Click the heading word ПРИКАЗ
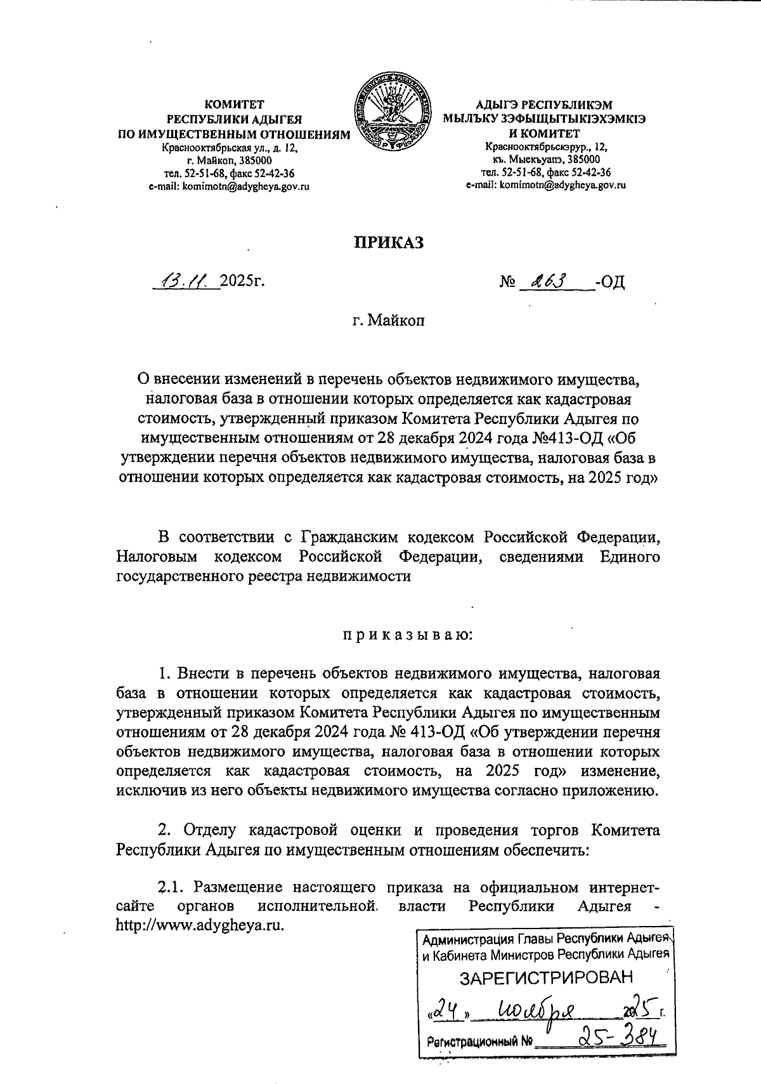[x=388, y=243]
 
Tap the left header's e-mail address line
[x=229, y=186]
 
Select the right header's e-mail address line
[x=546, y=185]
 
